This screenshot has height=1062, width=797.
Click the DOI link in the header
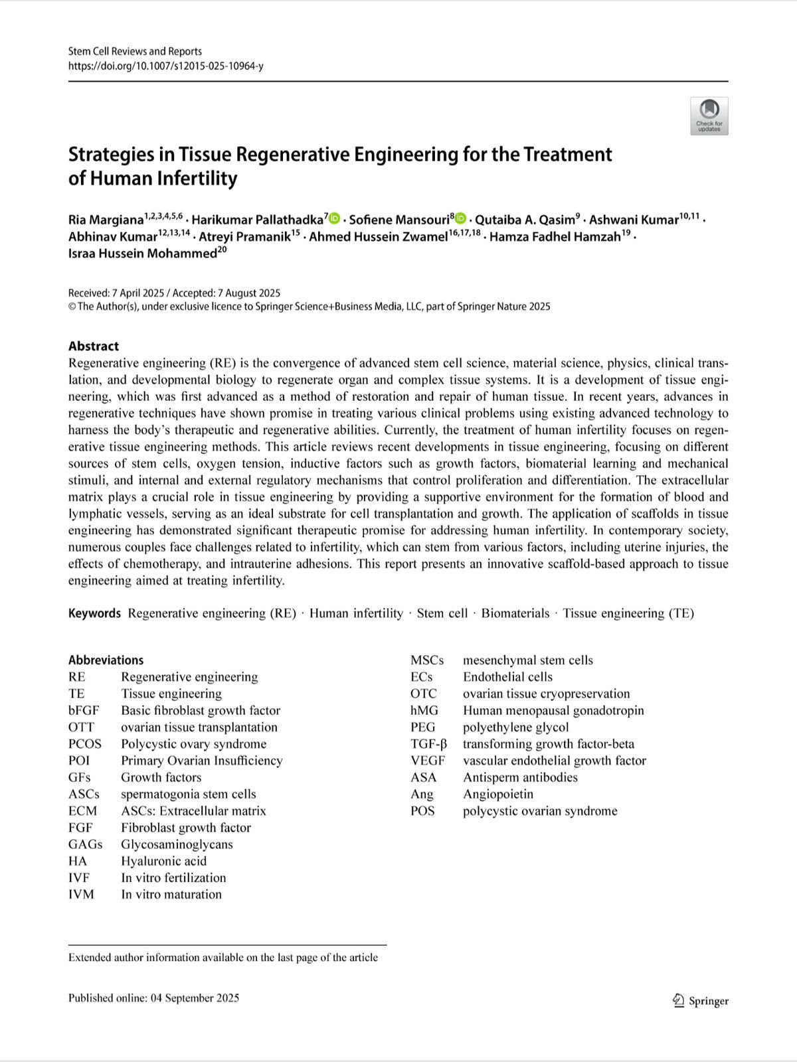(x=165, y=66)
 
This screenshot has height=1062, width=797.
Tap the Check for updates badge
(x=709, y=116)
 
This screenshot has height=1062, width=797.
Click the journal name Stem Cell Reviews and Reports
(x=135, y=51)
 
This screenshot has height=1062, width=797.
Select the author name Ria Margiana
(x=106, y=220)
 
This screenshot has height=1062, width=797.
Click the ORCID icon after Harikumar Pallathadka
(x=335, y=218)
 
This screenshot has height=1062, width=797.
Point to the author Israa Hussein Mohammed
(x=142, y=254)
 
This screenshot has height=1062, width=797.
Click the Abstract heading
(x=93, y=346)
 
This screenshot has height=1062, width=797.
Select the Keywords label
(x=94, y=613)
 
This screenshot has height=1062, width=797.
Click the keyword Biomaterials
(x=515, y=613)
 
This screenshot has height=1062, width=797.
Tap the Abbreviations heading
(x=106, y=660)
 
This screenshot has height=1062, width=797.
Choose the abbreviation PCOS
(x=84, y=744)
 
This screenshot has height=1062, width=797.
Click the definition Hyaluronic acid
(x=163, y=861)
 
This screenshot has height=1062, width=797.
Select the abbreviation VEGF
(x=427, y=761)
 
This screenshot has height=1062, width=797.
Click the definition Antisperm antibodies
(x=520, y=777)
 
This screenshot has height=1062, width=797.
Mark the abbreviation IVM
(x=81, y=894)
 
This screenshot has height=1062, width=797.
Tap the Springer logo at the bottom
(x=701, y=1001)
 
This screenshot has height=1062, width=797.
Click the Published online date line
(x=153, y=998)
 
